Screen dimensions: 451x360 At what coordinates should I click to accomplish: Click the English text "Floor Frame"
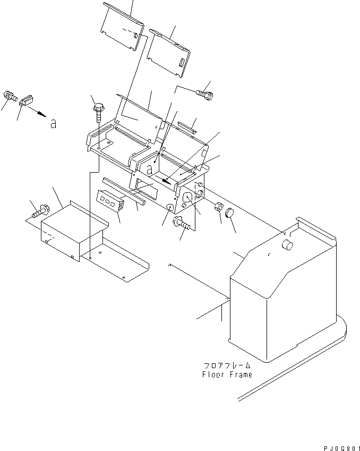pyautogui.click(x=227, y=375)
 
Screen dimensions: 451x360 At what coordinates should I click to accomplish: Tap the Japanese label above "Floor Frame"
pyautogui.click(x=227, y=366)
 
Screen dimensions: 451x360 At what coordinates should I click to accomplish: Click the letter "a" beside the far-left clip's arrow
pyautogui.click(x=53, y=124)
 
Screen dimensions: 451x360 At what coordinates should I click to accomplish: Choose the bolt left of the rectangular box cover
pyautogui.click(x=39, y=212)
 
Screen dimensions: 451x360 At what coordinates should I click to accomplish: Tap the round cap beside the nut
pyautogui.click(x=229, y=214)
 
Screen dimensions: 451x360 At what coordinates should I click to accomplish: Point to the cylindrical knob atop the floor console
pyautogui.click(x=287, y=245)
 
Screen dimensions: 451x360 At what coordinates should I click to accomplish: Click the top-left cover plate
pyautogui.click(x=123, y=27)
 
